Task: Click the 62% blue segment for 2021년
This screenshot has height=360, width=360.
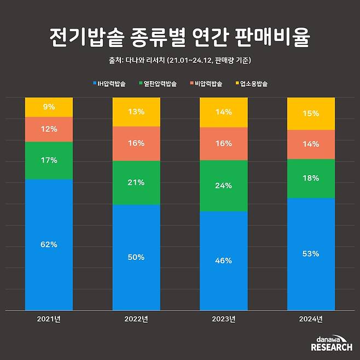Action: click(x=49, y=245)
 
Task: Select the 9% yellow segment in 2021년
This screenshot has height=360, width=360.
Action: click(x=49, y=107)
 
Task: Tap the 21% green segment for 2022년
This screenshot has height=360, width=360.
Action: click(x=136, y=182)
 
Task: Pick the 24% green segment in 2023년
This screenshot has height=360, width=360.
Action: click(x=224, y=185)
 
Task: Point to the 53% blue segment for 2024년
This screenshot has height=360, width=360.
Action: click(x=311, y=254)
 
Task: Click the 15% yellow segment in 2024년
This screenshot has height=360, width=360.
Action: click(x=311, y=114)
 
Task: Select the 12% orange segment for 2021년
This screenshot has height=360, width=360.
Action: click(x=49, y=129)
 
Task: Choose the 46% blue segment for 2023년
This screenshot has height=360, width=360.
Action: click(x=224, y=261)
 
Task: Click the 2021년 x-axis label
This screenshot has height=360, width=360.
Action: click(x=49, y=320)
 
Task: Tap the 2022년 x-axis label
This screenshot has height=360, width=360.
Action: click(x=136, y=320)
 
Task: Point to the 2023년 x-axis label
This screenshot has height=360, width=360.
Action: click(x=224, y=320)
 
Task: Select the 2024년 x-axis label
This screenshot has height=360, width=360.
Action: click(x=311, y=320)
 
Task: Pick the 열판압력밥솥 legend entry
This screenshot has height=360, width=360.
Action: click(x=161, y=84)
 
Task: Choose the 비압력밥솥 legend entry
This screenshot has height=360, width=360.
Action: click(x=208, y=84)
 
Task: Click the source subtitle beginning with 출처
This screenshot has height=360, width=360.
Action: click(x=180, y=60)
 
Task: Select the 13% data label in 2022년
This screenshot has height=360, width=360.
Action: click(x=136, y=112)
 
